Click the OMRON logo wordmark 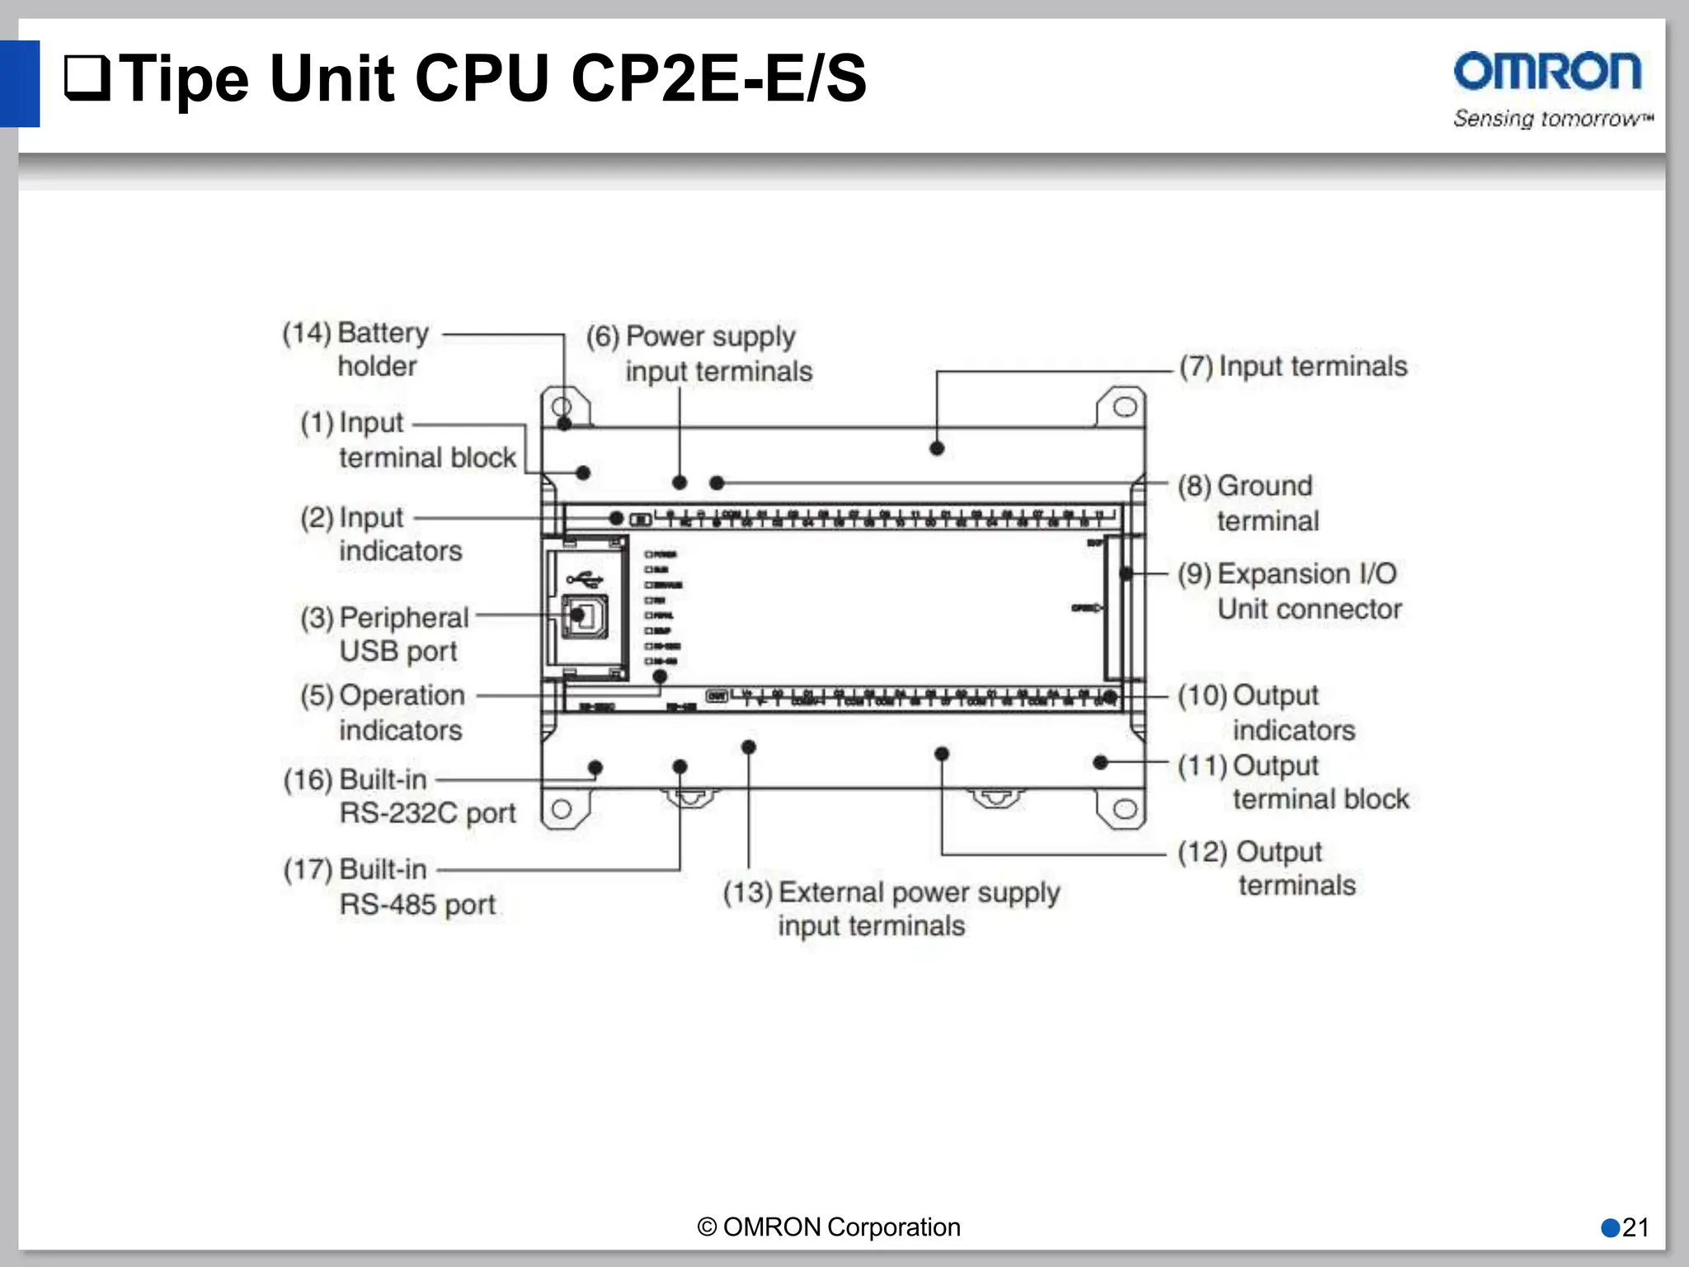coord(1547,72)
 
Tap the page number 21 coord(1635,1227)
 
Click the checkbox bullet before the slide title coord(87,78)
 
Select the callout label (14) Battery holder coord(355,349)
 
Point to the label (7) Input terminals coord(1292,366)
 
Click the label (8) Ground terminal coord(1247,502)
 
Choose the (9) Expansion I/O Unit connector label coord(1289,591)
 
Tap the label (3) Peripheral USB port coord(384,633)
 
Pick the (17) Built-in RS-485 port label coord(389,887)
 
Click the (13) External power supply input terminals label coord(891,908)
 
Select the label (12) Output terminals coord(1266,868)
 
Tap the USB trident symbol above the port coord(585,577)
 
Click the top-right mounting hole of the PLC coord(1125,407)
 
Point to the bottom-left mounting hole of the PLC coord(562,808)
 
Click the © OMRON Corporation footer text coord(829,1227)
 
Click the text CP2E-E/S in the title coord(718,78)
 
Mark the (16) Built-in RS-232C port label coord(399,796)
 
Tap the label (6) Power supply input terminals coord(699,354)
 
